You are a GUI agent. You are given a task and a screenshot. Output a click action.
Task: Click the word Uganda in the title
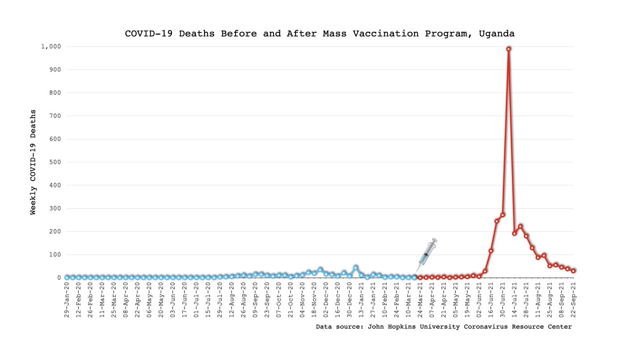(x=497, y=34)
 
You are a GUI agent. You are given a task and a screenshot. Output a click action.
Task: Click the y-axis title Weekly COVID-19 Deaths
(x=33, y=162)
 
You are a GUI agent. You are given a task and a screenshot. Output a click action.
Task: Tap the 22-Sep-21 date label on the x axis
(x=573, y=299)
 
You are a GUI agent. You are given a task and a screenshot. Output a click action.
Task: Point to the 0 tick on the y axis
(x=59, y=278)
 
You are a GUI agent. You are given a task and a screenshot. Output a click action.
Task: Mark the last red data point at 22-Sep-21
(x=573, y=271)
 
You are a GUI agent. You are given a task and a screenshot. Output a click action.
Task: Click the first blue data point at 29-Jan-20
(x=67, y=277)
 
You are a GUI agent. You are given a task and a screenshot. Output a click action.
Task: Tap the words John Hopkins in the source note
(x=392, y=327)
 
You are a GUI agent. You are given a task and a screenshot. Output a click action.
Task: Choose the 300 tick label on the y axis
(x=55, y=208)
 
